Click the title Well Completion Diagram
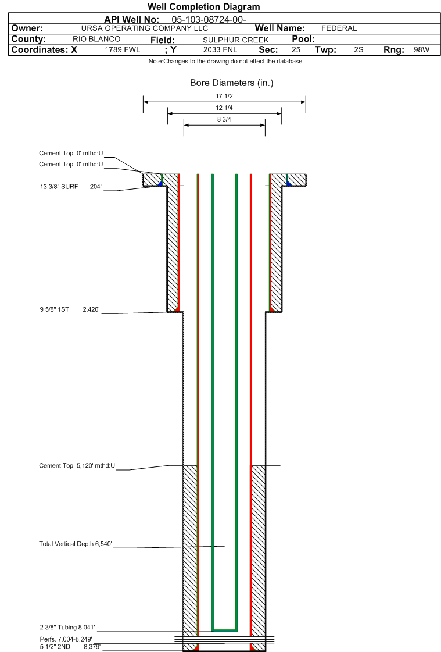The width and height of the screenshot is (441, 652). pyautogui.click(x=203, y=6)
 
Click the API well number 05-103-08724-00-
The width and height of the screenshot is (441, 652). pyautogui.click(x=209, y=20)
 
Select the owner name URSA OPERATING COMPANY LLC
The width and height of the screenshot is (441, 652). pyautogui.click(x=145, y=28)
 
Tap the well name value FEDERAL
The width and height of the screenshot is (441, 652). pyautogui.click(x=339, y=28)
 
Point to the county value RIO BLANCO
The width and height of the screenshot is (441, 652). pyautogui.click(x=96, y=39)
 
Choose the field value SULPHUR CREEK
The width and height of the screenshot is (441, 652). pyautogui.click(x=235, y=40)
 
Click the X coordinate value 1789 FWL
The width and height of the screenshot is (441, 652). pyautogui.click(x=123, y=50)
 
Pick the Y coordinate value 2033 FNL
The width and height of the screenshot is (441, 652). pyautogui.click(x=220, y=50)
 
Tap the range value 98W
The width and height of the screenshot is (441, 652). pyautogui.click(x=421, y=50)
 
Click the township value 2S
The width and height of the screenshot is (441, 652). pyautogui.click(x=358, y=50)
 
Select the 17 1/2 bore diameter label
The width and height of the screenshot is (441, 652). pyautogui.click(x=224, y=96)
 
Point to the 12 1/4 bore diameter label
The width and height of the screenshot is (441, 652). pyautogui.click(x=224, y=108)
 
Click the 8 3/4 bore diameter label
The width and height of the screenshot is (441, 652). pyautogui.click(x=224, y=119)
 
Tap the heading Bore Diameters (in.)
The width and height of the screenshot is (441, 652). pyautogui.click(x=232, y=83)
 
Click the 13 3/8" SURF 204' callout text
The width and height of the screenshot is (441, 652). pyautogui.click(x=70, y=187)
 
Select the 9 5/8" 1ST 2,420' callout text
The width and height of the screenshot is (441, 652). pyautogui.click(x=70, y=309)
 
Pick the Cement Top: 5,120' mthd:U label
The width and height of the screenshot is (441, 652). pyautogui.click(x=77, y=466)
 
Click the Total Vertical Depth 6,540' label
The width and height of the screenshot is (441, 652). pyautogui.click(x=76, y=544)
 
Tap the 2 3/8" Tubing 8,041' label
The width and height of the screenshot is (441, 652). pyautogui.click(x=67, y=627)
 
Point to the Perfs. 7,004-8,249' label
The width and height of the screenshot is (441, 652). pyautogui.click(x=66, y=639)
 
